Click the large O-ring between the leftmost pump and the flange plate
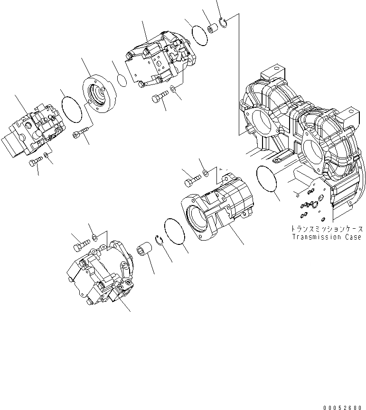click(x=71, y=107)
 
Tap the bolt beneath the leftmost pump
click(x=35, y=163)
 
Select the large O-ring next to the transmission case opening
click(x=268, y=179)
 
